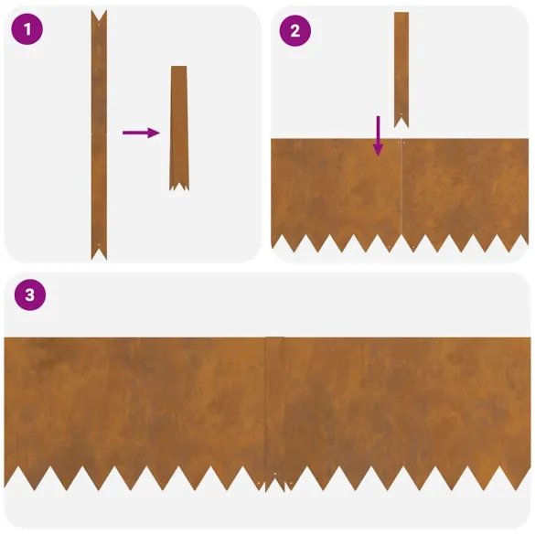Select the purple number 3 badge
click(x=29, y=294)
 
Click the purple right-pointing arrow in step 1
click(x=140, y=133)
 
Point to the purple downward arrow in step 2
click(x=378, y=135)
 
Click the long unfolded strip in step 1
click(x=99, y=137)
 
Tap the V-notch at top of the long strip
click(x=99, y=15)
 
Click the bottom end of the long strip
click(x=99, y=252)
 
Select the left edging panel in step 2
click(x=335, y=187)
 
